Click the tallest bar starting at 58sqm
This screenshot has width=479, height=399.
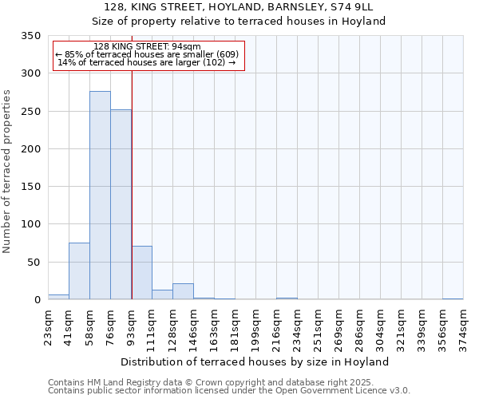click(100, 196)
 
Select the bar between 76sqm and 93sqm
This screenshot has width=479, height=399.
click(121, 204)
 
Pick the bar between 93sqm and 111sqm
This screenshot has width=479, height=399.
click(141, 273)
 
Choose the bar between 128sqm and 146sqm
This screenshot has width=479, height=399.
click(183, 291)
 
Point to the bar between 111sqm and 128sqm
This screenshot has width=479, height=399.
click(162, 294)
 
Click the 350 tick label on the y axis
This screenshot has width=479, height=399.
click(30, 37)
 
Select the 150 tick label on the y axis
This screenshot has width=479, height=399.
click(30, 188)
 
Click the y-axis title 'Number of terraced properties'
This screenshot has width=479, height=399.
click(7, 172)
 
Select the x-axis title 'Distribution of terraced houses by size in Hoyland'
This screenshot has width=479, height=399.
click(255, 361)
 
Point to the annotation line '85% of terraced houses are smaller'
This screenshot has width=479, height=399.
click(147, 54)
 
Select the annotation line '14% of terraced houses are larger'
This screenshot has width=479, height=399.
click(147, 62)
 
